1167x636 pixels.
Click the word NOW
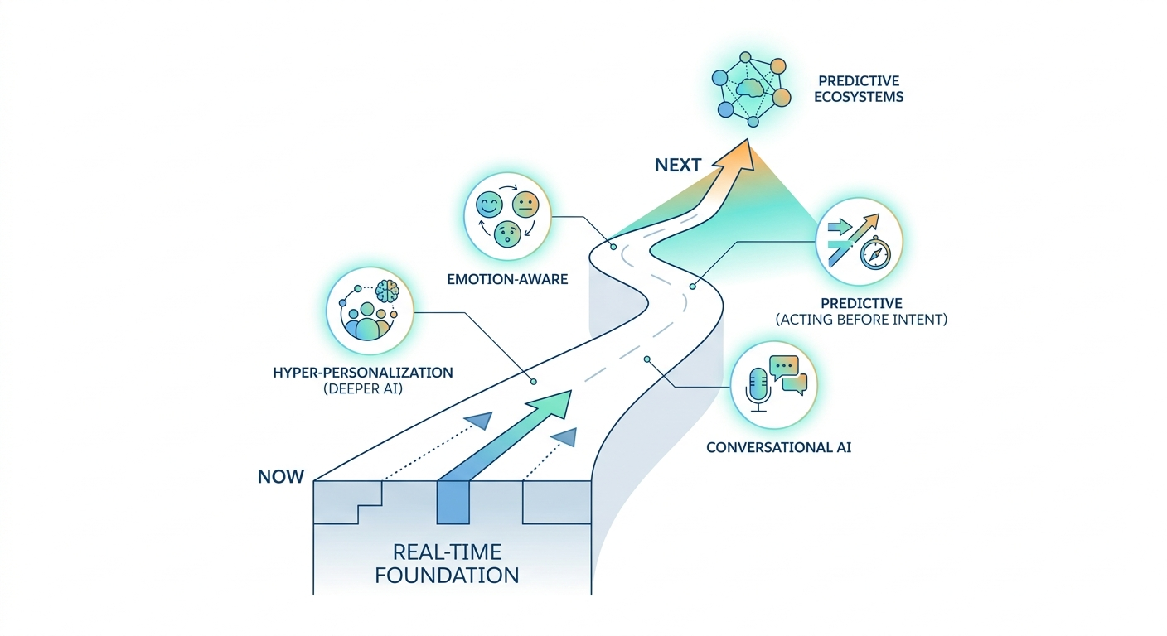281,476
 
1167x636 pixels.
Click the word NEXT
678,165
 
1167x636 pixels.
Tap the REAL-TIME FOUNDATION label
447,563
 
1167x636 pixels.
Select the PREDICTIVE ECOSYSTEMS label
860,89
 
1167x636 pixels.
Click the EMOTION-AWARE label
507,279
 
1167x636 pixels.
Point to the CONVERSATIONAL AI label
778,447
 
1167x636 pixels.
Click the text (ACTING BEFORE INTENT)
860,319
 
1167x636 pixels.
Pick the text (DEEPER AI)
362,388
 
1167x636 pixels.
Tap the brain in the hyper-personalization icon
386,292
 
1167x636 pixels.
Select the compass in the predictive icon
874,255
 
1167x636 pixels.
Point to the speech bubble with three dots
783,365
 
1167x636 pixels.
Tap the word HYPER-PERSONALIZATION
362,373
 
